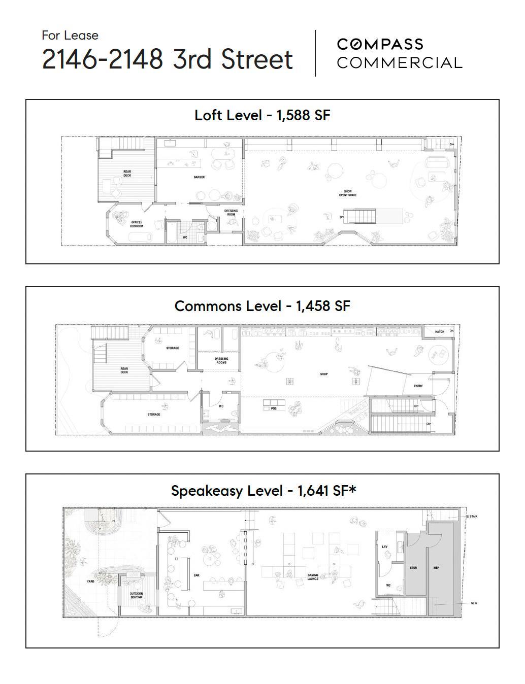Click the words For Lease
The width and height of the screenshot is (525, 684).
[70, 36]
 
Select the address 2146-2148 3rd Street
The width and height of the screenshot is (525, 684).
[167, 59]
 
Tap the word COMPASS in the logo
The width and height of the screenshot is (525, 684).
[380, 44]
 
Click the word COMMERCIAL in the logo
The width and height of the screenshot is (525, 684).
[399, 63]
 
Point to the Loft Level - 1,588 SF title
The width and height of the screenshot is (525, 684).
[262, 115]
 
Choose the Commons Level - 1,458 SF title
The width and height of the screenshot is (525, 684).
[262, 306]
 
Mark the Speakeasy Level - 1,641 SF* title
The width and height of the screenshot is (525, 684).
[264, 491]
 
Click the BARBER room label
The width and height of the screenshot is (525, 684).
[199, 178]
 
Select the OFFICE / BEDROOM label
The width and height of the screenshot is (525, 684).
[136, 224]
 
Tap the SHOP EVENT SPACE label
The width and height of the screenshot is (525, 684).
[348, 193]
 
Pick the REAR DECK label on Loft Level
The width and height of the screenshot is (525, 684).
[127, 174]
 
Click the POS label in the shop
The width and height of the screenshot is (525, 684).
[274, 408]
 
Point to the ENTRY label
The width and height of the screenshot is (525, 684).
[418, 386]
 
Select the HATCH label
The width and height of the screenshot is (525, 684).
[440, 332]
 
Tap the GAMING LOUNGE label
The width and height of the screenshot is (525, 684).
[313, 577]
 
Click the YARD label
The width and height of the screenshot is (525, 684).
[90, 581]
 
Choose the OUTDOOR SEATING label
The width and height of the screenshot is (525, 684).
[136, 595]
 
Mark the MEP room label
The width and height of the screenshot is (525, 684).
[436, 568]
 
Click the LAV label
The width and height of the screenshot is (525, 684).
[384, 547]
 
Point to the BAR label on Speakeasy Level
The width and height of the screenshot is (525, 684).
[196, 575]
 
